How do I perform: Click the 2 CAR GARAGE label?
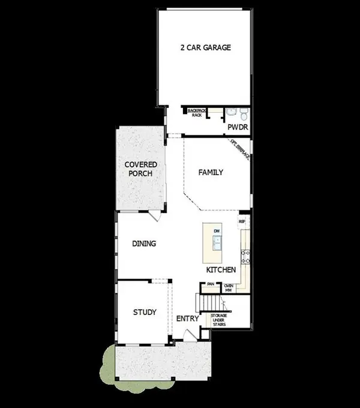tap(206, 47)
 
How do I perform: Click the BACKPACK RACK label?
tap(196, 113)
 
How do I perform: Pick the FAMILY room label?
tap(211, 172)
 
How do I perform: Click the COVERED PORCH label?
tap(140, 169)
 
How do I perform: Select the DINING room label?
tap(144, 244)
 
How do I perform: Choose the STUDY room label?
tap(145, 312)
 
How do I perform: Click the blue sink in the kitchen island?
tap(218, 243)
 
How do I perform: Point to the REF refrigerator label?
tap(242, 221)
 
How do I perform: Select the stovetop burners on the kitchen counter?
tap(245, 258)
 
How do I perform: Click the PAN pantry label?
tap(211, 286)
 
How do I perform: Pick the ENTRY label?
tap(187, 319)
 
